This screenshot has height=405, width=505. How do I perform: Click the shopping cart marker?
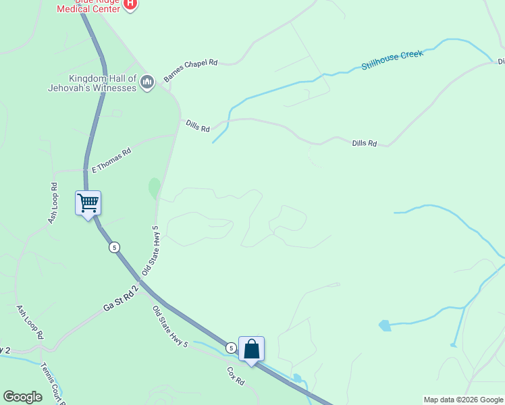[88, 202]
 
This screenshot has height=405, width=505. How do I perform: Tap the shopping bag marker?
[251, 349]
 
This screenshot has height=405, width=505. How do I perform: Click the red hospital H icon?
[131, 5]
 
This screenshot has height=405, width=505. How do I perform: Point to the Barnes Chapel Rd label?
[190, 71]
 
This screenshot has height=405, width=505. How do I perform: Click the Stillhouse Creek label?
[392, 59]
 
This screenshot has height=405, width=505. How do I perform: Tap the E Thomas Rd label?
[111, 161]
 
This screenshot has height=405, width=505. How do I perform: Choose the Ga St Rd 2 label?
[121, 298]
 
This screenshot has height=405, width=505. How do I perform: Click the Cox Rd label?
[235, 376]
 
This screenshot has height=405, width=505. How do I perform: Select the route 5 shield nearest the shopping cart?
[115, 247]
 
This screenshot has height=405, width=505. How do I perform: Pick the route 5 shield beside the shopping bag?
[231, 348]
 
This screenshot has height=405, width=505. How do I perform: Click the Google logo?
[22, 397]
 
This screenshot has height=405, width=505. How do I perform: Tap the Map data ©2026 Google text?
[463, 400]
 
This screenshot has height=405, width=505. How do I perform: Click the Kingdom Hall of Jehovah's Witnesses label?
[93, 83]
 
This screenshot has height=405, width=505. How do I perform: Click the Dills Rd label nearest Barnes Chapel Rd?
[197, 126]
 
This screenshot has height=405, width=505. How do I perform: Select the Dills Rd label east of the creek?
[364, 143]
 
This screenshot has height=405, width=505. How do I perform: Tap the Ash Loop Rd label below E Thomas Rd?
[53, 203]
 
